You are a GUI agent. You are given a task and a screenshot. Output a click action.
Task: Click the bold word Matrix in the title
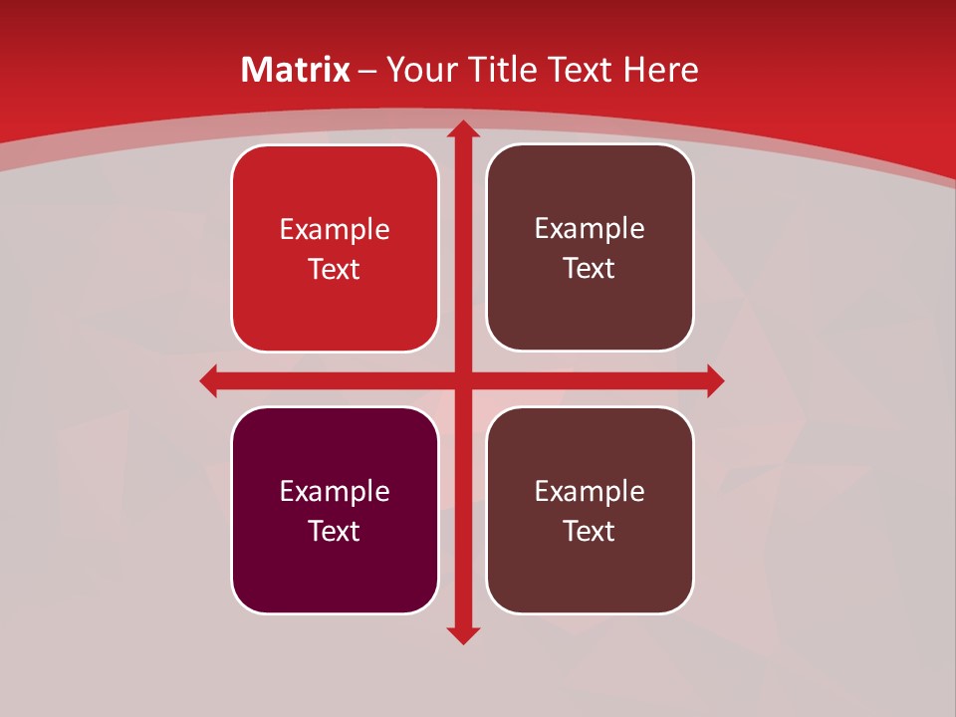[296, 70]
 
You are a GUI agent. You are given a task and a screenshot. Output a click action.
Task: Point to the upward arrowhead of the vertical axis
[462, 130]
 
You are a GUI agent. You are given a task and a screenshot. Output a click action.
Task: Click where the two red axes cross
[462, 380]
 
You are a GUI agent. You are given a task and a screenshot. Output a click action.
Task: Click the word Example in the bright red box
[335, 230]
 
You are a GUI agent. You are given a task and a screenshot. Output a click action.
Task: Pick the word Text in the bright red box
[335, 269]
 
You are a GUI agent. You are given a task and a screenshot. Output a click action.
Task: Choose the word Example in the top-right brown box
[590, 229]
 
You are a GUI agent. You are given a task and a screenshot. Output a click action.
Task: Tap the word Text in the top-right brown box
[590, 268]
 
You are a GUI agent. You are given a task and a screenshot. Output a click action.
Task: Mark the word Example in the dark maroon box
[335, 491]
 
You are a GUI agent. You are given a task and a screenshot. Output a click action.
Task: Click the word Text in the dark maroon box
[335, 531]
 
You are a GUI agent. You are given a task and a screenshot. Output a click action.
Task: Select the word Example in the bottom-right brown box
[590, 491]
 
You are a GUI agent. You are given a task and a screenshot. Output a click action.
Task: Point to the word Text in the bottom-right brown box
[590, 531]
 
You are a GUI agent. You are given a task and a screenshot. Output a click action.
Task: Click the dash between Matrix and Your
[367, 71]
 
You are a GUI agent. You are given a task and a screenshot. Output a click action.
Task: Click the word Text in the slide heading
[580, 70]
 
